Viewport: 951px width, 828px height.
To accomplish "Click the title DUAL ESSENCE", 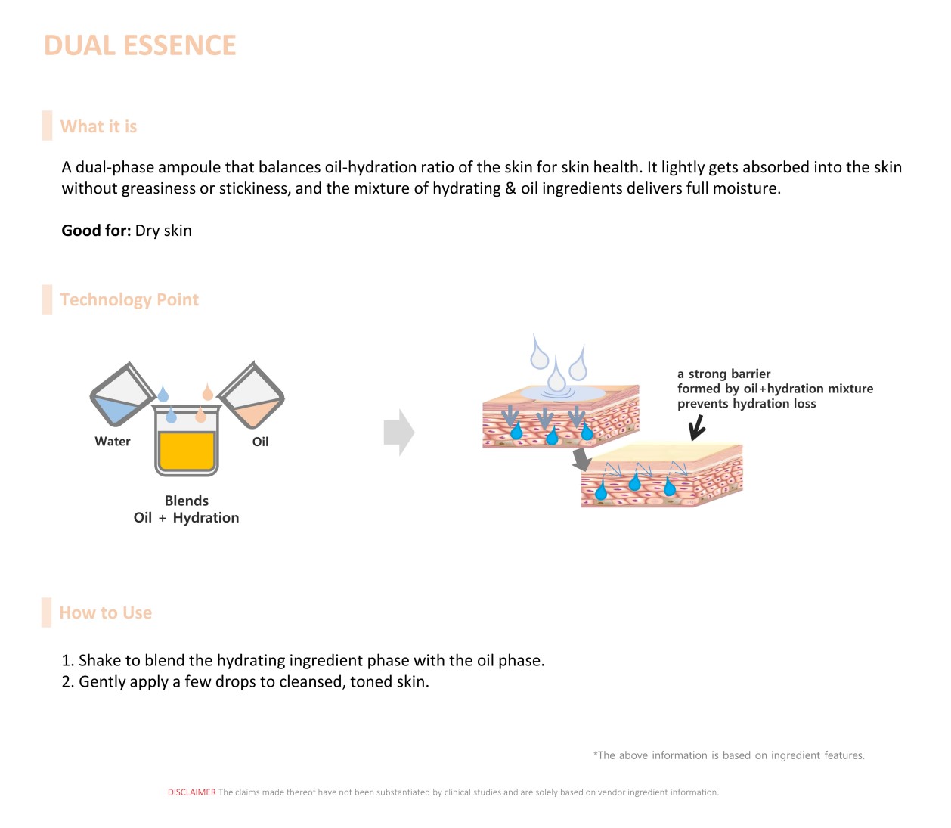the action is [x=140, y=46].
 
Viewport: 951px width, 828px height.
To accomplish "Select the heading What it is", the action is [x=98, y=127].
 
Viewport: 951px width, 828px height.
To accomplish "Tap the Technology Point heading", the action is [x=129, y=300].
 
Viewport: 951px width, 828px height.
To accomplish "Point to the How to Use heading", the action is [x=106, y=613].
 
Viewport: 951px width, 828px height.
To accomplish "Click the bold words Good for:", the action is [x=96, y=231].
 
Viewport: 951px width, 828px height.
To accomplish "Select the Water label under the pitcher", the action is [x=113, y=442].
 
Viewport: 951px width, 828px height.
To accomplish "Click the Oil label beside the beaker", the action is [x=260, y=442].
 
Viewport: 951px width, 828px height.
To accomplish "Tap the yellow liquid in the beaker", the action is [x=187, y=451].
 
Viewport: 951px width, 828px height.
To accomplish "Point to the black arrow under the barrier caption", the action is [x=697, y=428].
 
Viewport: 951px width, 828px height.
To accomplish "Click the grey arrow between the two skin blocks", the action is [x=581, y=458].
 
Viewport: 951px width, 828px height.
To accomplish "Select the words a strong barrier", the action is [x=723, y=374].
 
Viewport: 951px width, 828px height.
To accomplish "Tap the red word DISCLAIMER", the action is [x=191, y=792].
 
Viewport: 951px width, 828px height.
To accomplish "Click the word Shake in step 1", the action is [x=100, y=661].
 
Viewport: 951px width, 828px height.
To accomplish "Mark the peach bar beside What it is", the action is [x=48, y=126].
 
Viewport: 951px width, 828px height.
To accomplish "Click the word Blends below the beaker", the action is [x=187, y=501].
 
